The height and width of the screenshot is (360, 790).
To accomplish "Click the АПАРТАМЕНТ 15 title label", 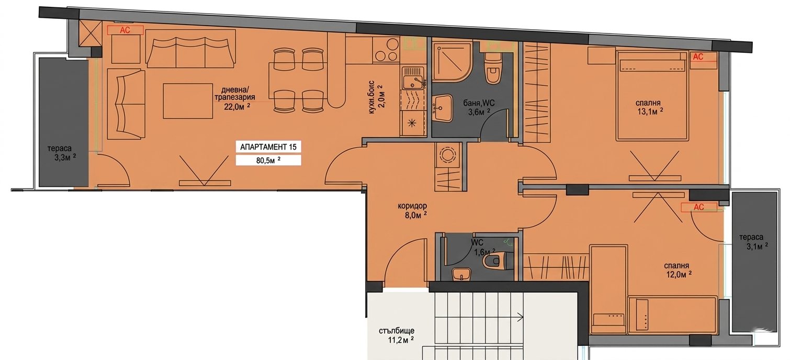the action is point(268,147).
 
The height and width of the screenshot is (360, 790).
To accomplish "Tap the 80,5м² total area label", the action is point(268,161).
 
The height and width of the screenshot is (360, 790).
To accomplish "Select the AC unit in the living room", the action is point(125,30).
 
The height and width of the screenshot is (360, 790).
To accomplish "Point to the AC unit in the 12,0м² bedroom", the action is point(698,207).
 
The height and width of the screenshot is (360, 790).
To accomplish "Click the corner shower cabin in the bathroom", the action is point(452,62).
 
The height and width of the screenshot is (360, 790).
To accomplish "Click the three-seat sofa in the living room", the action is point(190,48).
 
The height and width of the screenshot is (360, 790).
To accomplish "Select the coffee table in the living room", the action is point(188,101).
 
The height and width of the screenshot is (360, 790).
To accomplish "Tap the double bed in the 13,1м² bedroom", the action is point(652,96).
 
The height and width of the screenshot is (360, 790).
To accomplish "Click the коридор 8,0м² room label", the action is point(412,210).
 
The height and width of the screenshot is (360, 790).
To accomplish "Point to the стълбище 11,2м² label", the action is point(397,335).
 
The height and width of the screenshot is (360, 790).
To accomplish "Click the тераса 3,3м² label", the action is point(62,153).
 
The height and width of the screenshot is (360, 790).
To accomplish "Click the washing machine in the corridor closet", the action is point(448,154).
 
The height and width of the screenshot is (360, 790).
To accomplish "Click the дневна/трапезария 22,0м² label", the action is point(234,98).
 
